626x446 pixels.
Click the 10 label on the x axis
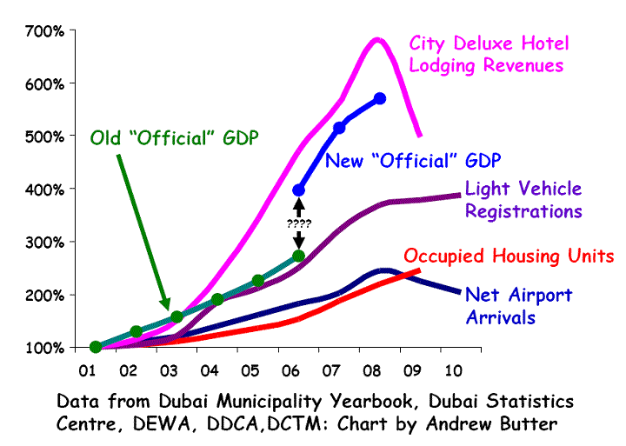pos(452,369)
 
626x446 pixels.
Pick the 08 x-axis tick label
pos(371,369)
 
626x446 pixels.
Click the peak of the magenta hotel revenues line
pos(377,39)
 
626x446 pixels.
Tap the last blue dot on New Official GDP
pos(380,98)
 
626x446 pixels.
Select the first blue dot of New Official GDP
pos(299,190)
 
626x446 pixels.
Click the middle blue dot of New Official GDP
pos(339,128)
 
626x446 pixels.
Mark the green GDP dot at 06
pos(298,256)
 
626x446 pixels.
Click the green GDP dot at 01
pos(96,347)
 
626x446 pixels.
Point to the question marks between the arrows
pos(299,223)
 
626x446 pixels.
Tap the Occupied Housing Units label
pos(509,256)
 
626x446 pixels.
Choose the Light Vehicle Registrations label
pos(523,200)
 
